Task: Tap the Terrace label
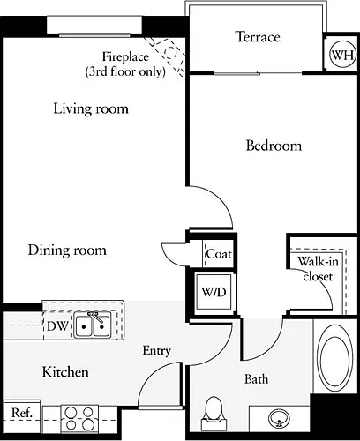(x=258, y=37)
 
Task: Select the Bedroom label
(x=274, y=146)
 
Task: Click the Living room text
(x=91, y=108)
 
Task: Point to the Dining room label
(x=67, y=250)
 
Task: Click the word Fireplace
(x=125, y=56)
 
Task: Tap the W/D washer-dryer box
(x=214, y=292)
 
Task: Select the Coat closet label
(x=219, y=254)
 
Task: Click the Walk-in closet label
(x=318, y=269)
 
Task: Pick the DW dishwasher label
(x=57, y=325)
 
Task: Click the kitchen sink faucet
(x=95, y=317)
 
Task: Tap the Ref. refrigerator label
(x=22, y=413)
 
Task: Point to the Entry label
(x=157, y=351)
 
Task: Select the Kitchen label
(x=65, y=372)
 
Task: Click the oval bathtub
(x=334, y=357)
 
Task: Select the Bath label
(x=256, y=379)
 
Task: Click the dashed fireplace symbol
(x=166, y=56)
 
